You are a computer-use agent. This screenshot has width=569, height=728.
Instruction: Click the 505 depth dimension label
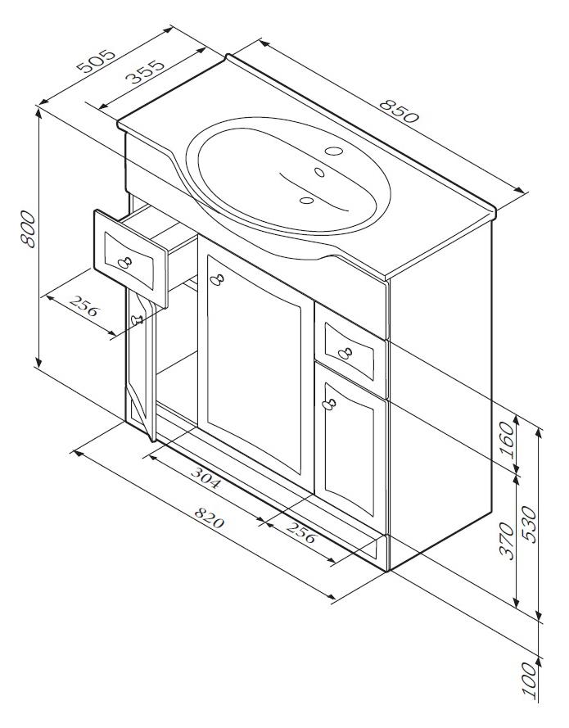(96, 61)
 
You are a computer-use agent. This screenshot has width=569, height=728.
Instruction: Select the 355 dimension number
(145, 71)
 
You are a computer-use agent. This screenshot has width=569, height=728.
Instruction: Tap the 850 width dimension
(399, 111)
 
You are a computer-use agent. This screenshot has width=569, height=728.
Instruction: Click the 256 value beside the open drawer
(84, 305)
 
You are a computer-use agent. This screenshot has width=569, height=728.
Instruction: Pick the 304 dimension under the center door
(205, 478)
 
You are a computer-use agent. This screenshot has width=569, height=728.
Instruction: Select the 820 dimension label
(209, 518)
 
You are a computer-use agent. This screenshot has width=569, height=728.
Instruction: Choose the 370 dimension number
(508, 541)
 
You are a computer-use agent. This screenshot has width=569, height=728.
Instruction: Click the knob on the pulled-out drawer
(124, 262)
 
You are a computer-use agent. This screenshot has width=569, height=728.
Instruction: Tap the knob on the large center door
(217, 279)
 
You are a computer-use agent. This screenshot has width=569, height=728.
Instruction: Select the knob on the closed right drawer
(345, 353)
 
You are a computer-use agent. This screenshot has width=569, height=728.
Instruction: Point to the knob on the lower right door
(330, 404)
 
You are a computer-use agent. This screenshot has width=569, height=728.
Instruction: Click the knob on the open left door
(137, 319)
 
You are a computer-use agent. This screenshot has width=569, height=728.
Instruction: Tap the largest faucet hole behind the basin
(334, 151)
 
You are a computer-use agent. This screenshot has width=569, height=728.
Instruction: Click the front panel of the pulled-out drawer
(131, 258)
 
